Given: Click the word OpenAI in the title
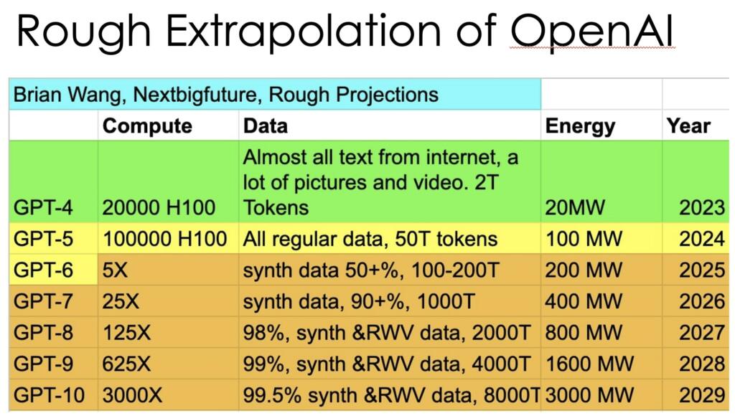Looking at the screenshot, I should click(x=593, y=34).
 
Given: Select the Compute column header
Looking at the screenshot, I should click(x=147, y=126).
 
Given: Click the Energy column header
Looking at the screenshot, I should click(x=580, y=126).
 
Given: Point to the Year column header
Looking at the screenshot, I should click(x=688, y=126).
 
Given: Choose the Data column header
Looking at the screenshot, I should click(x=266, y=126).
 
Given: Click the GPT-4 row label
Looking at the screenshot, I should click(x=42, y=208).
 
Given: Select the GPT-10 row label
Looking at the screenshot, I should click(x=47, y=394).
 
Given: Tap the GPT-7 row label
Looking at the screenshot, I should click(x=42, y=301).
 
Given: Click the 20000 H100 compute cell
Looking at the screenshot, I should click(x=159, y=208).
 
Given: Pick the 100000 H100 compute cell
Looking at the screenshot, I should click(x=165, y=239).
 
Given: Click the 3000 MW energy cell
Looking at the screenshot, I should click(x=591, y=394).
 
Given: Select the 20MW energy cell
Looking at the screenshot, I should click(x=575, y=208).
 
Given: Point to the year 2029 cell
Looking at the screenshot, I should click(x=702, y=394).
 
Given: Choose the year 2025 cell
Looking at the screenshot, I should click(x=702, y=270).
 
